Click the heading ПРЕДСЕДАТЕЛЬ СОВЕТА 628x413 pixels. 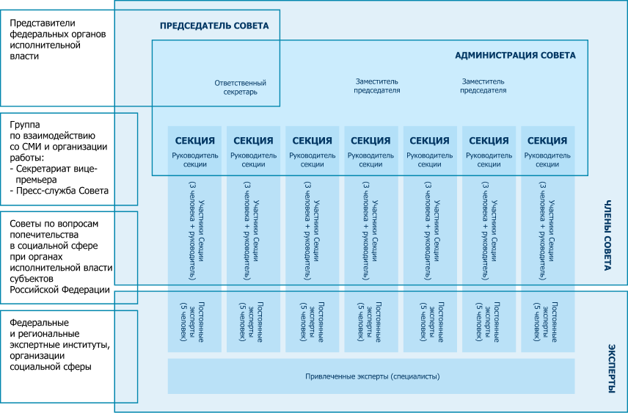[x=214, y=26]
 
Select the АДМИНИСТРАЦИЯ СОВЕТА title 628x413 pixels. [x=516, y=55]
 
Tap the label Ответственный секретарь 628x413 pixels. [x=241, y=87]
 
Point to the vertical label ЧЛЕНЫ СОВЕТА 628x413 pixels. [x=607, y=235]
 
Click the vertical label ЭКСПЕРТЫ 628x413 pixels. [x=611, y=368]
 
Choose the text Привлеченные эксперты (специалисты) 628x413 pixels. [x=373, y=376]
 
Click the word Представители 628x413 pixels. [x=43, y=23]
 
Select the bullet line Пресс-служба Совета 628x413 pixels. [x=59, y=191]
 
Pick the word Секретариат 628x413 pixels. [x=45, y=169]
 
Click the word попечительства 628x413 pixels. [x=44, y=235]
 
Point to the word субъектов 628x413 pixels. [x=32, y=279]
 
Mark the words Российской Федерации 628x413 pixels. [x=59, y=290]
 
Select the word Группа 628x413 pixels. [x=25, y=125]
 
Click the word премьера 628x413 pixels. [x=37, y=180]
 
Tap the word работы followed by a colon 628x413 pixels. [x=27, y=158]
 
